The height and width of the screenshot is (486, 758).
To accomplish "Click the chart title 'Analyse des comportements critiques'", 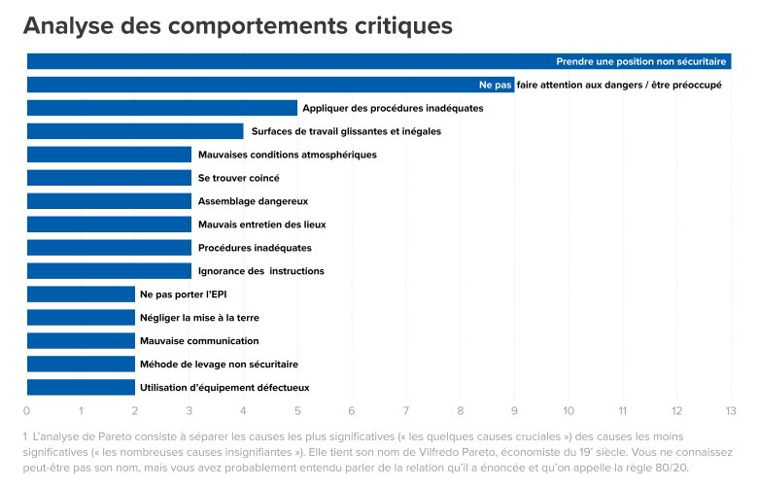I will (238, 25).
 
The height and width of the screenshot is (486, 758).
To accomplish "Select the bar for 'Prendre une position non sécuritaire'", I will (292, 61).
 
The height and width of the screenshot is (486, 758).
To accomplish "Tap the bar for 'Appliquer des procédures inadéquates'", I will (161, 108).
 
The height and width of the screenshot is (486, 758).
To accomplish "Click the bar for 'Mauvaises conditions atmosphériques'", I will (109, 155).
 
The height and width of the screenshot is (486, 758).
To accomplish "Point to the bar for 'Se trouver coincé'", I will (109, 178).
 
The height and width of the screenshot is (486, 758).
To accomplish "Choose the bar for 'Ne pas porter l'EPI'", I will (81, 295).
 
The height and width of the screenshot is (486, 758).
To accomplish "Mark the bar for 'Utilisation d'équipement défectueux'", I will (81, 388).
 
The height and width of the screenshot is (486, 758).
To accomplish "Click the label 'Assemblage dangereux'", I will (253, 201).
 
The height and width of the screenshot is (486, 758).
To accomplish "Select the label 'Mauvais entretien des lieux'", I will (261, 225).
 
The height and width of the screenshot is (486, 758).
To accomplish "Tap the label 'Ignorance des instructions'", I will (260, 271).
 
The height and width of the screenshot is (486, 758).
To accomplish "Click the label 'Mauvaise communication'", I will (199, 341).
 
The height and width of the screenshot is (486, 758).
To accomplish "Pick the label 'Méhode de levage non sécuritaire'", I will (219, 364).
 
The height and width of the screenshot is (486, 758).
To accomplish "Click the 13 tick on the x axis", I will (731, 410).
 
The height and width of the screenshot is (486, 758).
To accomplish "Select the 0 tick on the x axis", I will (27, 410).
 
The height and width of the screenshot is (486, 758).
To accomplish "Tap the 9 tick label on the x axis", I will (514, 410).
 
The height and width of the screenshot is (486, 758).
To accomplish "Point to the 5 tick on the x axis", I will (297, 410).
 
